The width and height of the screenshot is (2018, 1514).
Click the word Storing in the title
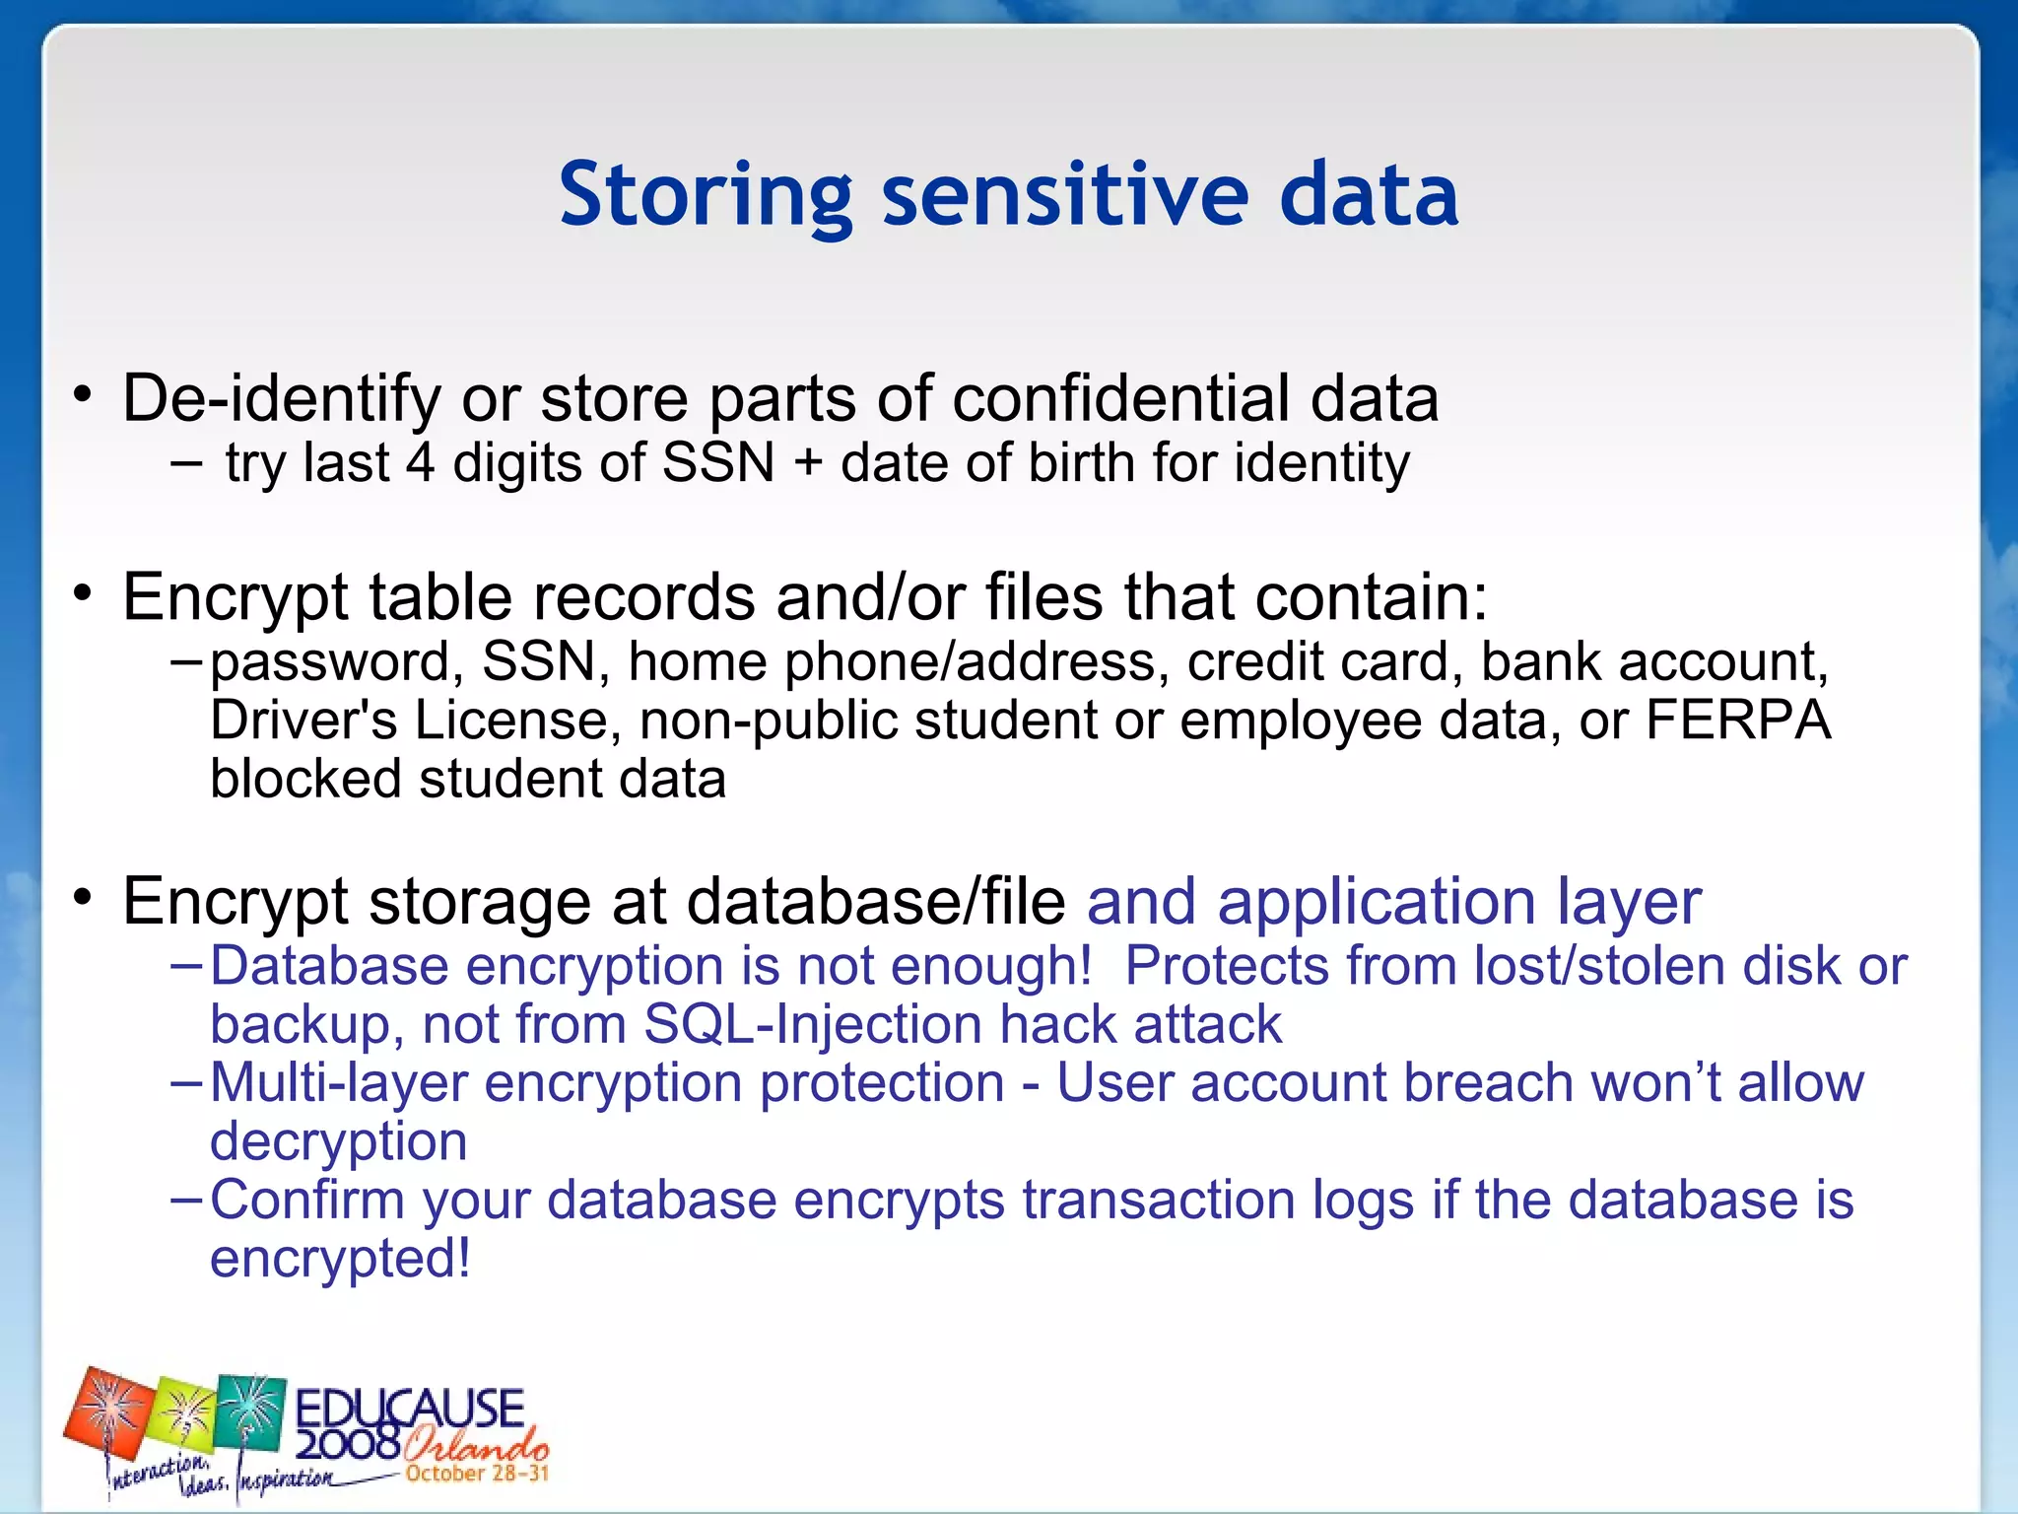pos(705,195)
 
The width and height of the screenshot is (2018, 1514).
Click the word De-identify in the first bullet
pos(281,399)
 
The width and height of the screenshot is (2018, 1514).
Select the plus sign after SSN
pos(808,463)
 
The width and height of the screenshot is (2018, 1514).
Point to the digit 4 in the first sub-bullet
pos(421,463)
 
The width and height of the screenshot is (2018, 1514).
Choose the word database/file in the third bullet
pos(875,902)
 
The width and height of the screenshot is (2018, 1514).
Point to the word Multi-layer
pos(339,1083)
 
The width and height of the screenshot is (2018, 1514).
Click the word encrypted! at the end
pos(340,1259)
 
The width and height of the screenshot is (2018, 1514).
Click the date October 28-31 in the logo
pos(477,1474)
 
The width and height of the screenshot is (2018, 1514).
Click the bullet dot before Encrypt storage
pos(83,898)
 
